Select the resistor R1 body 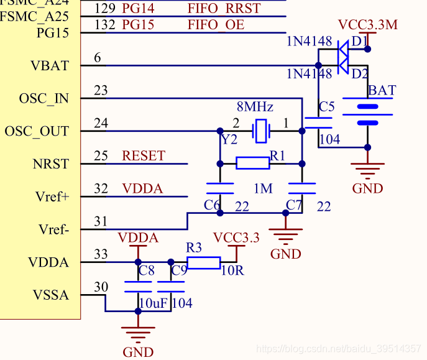(253, 164)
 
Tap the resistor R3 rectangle (203, 262)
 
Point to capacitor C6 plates (219, 188)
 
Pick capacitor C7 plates (301, 188)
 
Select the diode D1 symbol (342, 48)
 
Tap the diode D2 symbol (342, 65)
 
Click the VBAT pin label (49, 66)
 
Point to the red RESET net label (144, 156)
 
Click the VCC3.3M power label (367, 25)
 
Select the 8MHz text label (255, 107)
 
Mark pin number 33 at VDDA (101, 254)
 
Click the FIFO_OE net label (216, 25)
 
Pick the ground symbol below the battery (367, 168)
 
